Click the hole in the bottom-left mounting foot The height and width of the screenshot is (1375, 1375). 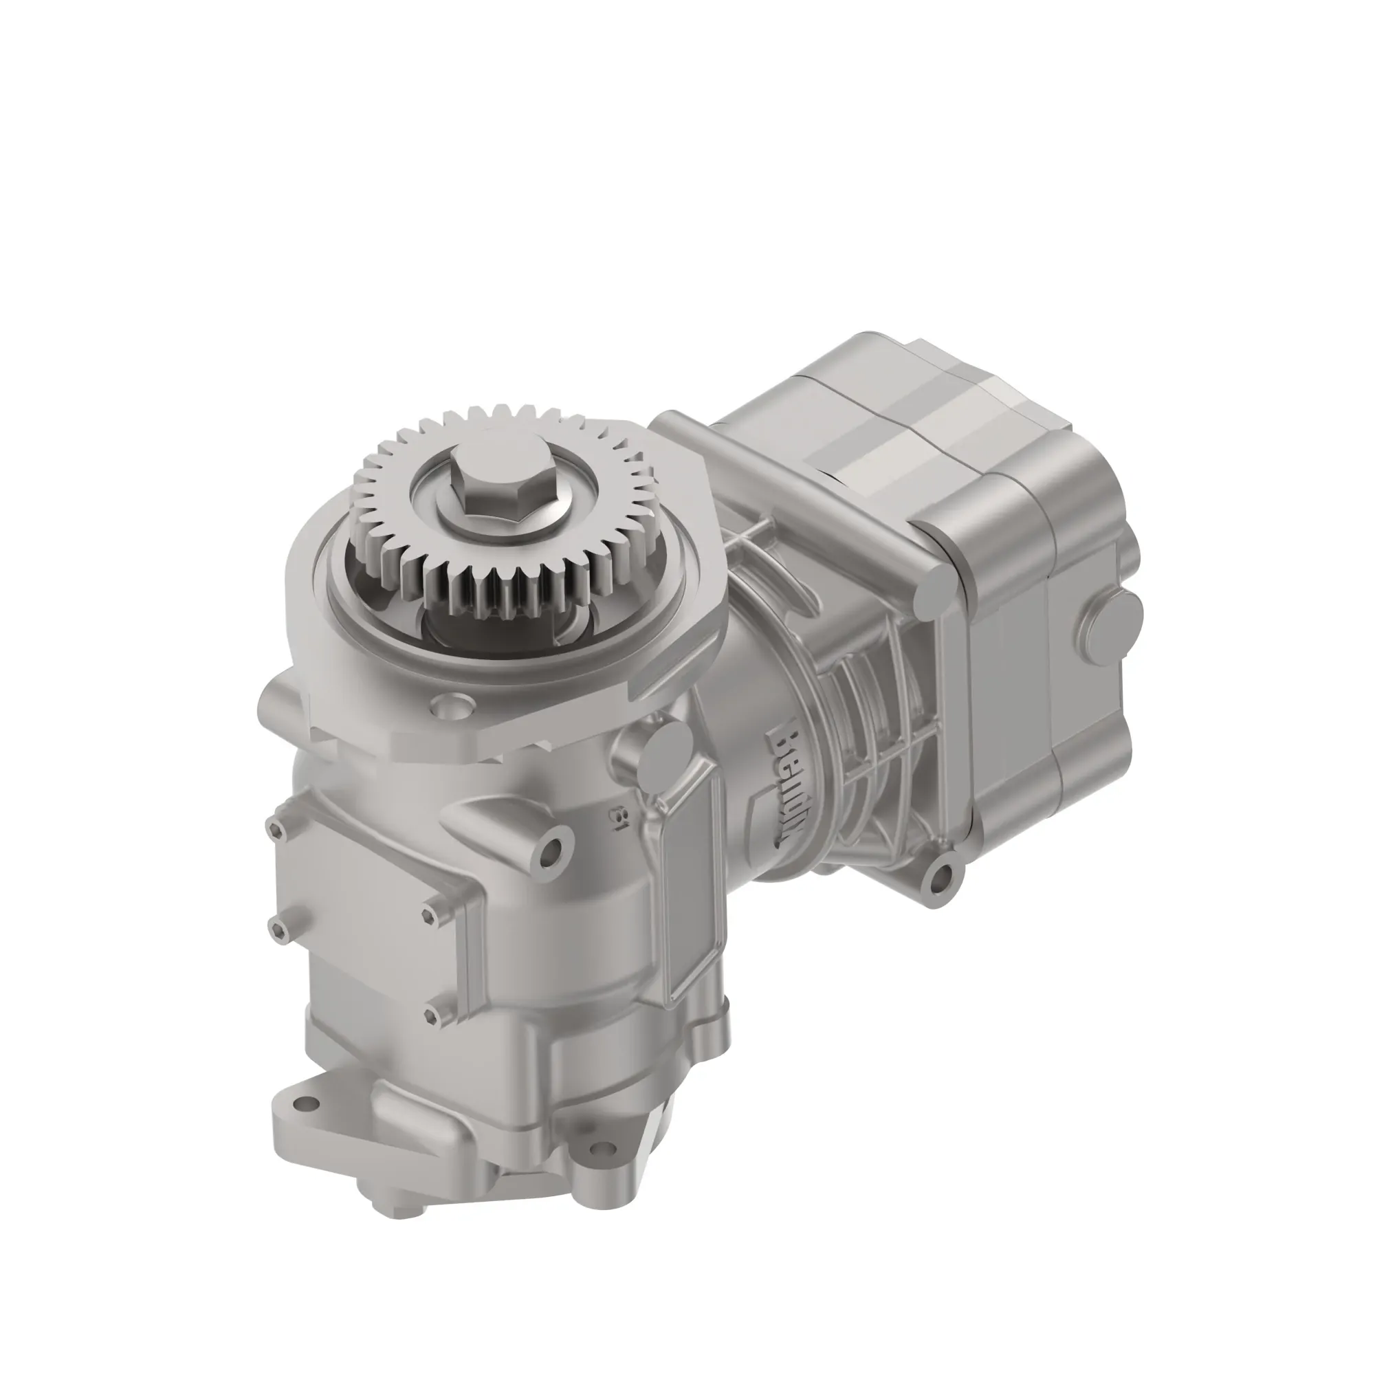(306, 1123)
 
